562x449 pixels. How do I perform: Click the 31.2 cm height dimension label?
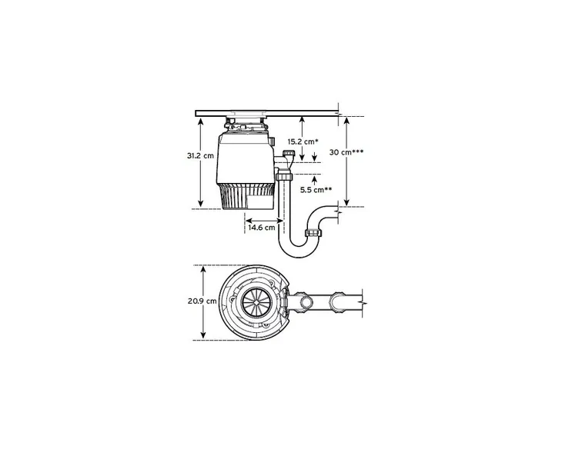199,155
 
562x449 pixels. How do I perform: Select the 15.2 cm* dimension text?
303,141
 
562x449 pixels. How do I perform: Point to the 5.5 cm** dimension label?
316,189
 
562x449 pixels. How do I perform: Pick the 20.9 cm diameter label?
199,301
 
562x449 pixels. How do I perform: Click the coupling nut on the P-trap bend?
313,233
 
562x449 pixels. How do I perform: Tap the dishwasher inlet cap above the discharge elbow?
288,155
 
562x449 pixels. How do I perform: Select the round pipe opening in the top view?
305,301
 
